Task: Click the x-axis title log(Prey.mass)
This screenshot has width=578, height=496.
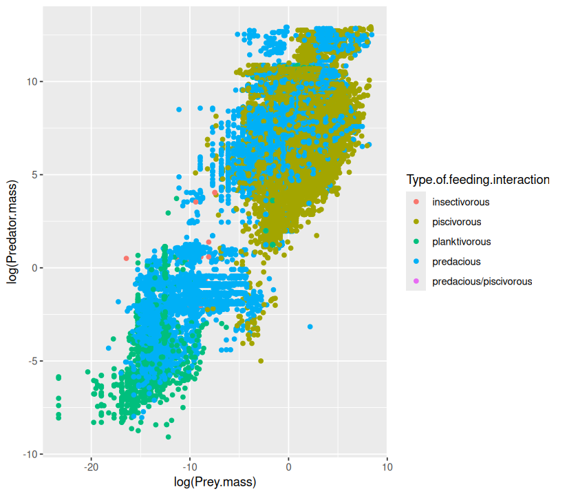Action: [x=215, y=482]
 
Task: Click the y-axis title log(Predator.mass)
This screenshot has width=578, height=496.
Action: [x=12, y=238]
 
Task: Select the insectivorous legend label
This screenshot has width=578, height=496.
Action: [x=460, y=203]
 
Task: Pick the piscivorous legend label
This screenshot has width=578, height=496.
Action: [x=457, y=223]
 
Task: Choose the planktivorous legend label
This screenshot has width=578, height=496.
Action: [x=461, y=242]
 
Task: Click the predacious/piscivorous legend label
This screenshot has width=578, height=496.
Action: [x=482, y=282]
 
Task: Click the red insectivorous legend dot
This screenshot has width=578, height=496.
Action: [x=416, y=203]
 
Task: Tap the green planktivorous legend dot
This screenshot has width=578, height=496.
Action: [x=416, y=242]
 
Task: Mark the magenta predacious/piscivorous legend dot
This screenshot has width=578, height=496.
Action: [x=416, y=282]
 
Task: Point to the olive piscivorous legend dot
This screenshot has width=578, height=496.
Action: [x=416, y=223]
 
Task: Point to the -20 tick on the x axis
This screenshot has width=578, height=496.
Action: [x=91, y=466]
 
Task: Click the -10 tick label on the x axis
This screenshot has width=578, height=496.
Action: [x=190, y=466]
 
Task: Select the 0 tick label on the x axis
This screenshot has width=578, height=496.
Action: [x=288, y=466]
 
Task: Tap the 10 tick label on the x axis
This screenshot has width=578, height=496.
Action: [x=387, y=466]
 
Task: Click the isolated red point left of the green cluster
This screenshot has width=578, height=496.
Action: [x=127, y=258]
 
